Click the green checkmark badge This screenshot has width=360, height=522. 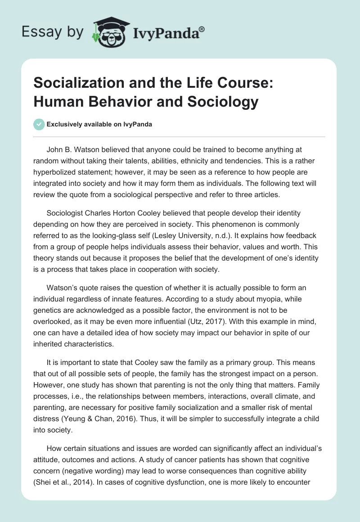(x=39, y=124)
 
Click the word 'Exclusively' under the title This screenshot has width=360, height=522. (x=65, y=124)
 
